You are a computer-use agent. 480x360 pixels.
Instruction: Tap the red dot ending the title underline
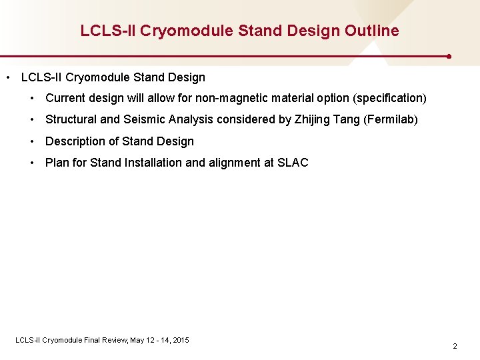click(450, 57)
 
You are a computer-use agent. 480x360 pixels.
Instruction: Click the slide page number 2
click(455, 346)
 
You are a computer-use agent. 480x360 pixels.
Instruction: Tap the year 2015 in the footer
click(180, 340)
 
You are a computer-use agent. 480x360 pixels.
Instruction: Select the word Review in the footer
click(115, 340)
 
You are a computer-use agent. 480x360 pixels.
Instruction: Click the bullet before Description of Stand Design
click(32, 141)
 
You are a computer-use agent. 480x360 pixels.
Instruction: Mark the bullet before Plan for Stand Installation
click(32, 163)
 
